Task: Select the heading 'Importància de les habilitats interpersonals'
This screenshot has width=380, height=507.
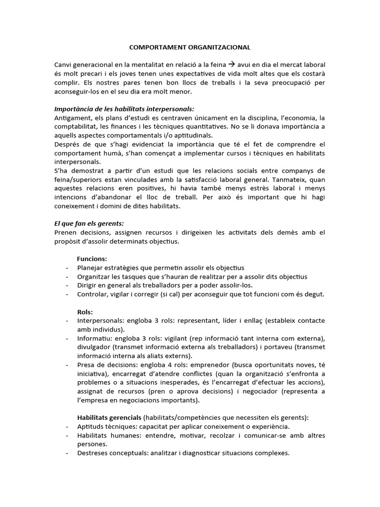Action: click(x=125, y=108)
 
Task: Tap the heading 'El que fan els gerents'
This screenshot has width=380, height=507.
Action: click(x=89, y=223)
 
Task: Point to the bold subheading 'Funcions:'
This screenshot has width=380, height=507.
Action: click(x=92, y=258)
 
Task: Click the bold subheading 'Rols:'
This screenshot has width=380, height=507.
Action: click(x=85, y=312)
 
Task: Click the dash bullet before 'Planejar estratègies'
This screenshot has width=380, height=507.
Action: click(x=67, y=268)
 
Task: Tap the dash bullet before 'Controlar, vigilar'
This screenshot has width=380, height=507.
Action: click(x=67, y=295)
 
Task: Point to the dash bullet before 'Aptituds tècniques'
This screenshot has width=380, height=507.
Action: click(x=67, y=427)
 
